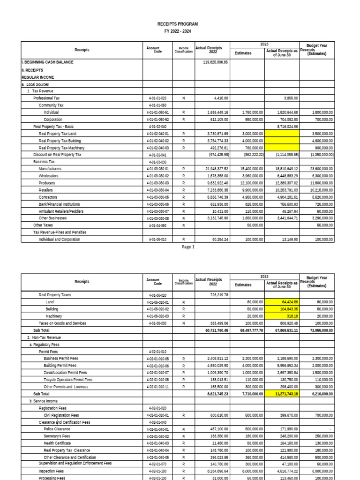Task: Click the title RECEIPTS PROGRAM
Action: (177, 24)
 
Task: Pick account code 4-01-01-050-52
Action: (157, 120)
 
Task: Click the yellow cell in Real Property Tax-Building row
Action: (283, 141)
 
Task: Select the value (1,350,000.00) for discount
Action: (318, 154)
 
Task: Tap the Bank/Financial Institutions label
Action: (59, 204)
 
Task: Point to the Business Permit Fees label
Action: (61, 359)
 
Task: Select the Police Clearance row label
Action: (55, 429)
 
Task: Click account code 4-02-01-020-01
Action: (157, 415)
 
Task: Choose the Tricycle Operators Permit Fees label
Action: (68, 380)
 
